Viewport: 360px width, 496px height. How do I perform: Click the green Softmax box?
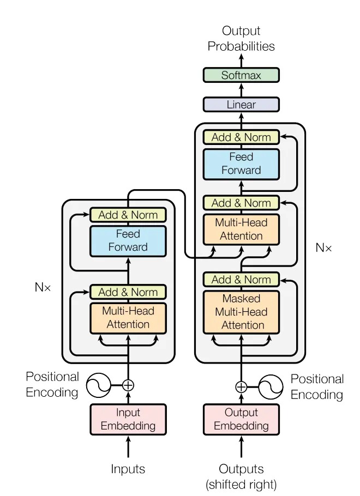(241, 75)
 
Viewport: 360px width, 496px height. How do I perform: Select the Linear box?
(241, 104)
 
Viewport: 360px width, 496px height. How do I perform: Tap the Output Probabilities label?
(241, 39)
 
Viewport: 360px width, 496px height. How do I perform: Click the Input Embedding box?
(128, 419)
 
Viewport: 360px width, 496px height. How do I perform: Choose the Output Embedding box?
(241, 419)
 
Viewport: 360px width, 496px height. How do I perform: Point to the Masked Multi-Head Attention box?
(241, 312)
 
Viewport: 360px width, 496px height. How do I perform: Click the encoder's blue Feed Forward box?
(128, 240)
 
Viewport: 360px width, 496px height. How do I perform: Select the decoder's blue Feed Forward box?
(241, 164)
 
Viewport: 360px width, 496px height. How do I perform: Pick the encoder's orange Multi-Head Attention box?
(128, 317)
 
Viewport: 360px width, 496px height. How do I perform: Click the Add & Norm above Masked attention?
(241, 280)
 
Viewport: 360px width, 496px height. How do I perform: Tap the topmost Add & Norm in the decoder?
(241, 137)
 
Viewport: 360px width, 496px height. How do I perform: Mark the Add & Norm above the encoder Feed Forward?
(128, 215)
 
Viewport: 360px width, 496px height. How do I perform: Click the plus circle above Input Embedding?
(128, 385)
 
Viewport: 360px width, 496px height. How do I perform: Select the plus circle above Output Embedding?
(241, 387)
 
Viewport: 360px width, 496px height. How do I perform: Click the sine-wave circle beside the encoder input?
(99, 385)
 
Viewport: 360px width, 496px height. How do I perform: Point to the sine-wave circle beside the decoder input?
(270, 387)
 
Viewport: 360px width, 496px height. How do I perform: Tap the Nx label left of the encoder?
(43, 287)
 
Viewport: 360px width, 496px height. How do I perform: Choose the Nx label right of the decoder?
(323, 247)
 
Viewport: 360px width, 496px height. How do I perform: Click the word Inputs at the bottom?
(128, 469)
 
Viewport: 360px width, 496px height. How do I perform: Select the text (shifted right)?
(241, 483)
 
